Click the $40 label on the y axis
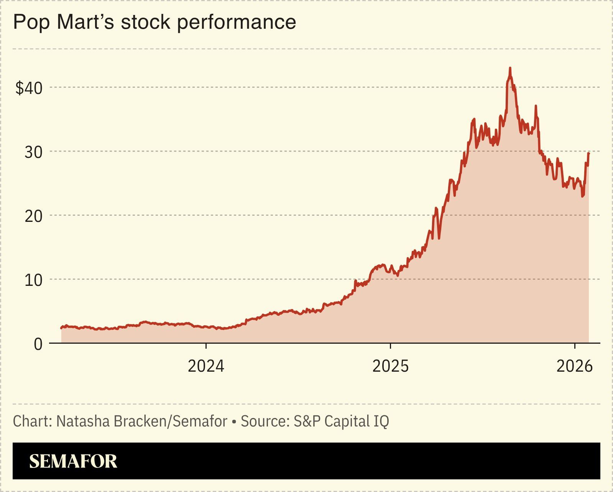click(x=29, y=88)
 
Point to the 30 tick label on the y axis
click(x=33, y=152)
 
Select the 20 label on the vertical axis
click(x=33, y=216)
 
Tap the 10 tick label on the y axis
click(x=33, y=280)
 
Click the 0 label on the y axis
click(x=38, y=344)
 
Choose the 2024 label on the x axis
click(x=206, y=366)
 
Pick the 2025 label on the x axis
click(x=390, y=366)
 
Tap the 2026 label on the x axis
click(x=574, y=366)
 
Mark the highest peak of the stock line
click(x=510, y=68)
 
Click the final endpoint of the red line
click(x=588, y=153)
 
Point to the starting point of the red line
click(x=61, y=328)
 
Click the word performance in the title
click(x=237, y=22)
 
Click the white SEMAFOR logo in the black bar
click(x=73, y=461)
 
